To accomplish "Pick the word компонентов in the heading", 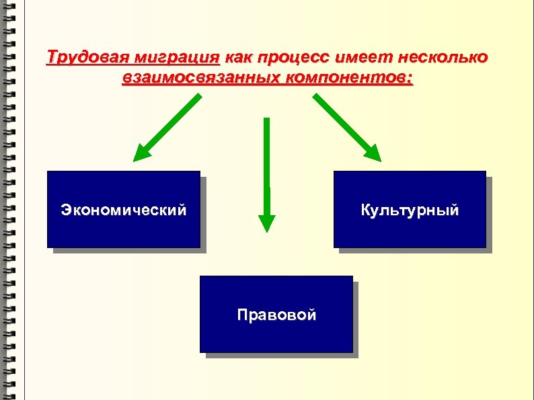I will [350, 79].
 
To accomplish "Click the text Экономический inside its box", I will [124, 210].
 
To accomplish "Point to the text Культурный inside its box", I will [410, 210].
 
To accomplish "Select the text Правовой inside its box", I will [276, 314].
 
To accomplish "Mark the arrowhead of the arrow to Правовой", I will [267, 222].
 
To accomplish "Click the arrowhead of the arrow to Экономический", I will [142, 153].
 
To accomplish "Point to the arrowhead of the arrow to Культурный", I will [373, 153].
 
